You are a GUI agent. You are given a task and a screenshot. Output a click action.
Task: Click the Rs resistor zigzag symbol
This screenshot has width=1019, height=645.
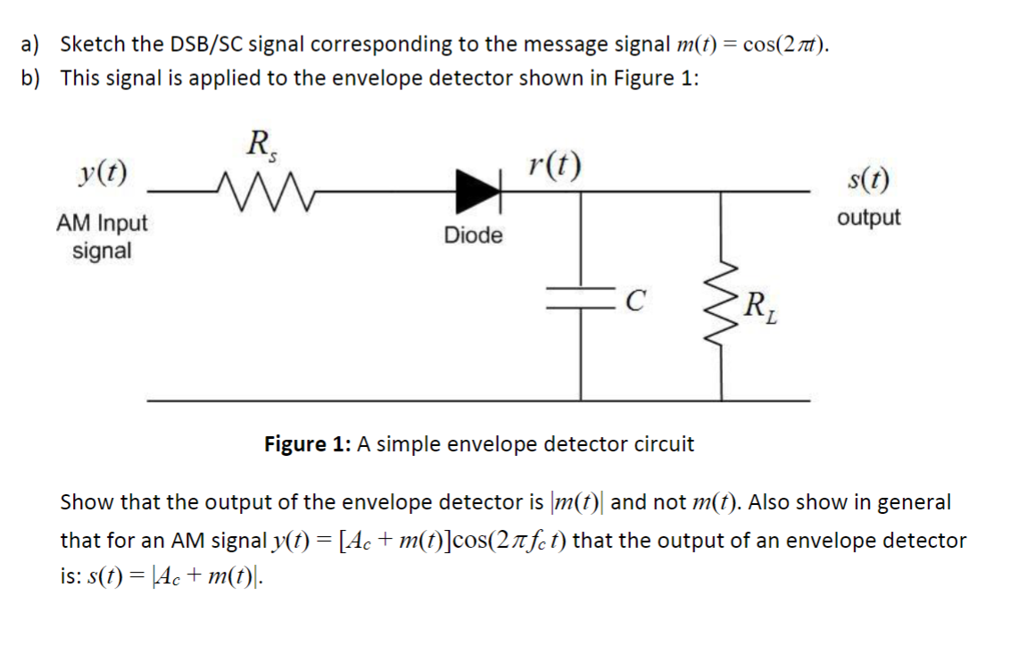(x=251, y=189)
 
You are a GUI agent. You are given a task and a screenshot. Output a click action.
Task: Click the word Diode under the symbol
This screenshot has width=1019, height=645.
(x=473, y=236)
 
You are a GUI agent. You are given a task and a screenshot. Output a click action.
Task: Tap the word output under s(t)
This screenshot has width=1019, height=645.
(x=868, y=218)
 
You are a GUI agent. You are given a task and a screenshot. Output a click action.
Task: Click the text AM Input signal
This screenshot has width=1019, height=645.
(x=102, y=236)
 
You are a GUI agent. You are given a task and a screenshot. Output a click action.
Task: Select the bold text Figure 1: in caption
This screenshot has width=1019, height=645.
(x=308, y=443)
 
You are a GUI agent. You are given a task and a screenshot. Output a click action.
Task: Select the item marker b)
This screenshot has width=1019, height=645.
(x=32, y=78)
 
